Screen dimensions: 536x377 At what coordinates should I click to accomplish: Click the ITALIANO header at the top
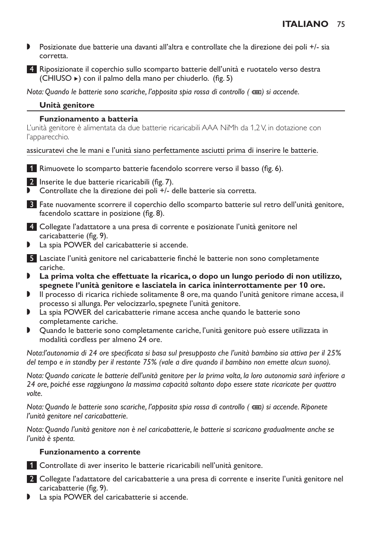305,24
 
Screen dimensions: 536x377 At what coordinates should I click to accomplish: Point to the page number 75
341,24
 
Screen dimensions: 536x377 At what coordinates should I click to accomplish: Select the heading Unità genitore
67,105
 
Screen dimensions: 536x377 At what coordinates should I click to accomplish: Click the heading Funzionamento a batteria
89,119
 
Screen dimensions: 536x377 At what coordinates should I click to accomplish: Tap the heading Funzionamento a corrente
90,452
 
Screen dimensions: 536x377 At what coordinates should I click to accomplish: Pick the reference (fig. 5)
222,78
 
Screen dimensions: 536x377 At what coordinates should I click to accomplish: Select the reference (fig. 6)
272,169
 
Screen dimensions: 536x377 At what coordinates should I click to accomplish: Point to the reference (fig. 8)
153,213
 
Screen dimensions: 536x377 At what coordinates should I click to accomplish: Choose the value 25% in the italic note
333,353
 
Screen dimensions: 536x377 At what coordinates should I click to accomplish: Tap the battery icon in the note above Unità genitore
256,92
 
